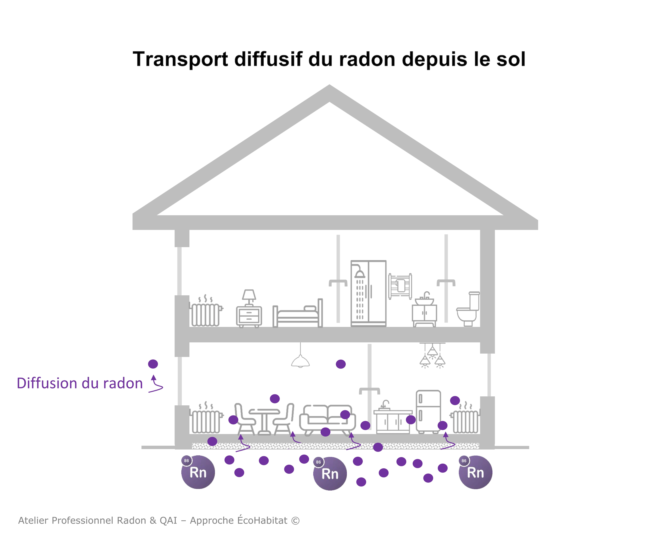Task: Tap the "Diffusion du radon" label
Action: pyautogui.click(x=80, y=383)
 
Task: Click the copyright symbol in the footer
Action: pyautogui.click(x=295, y=520)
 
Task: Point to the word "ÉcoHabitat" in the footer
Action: pyautogui.click(x=262, y=520)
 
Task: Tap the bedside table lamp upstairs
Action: pyautogui.click(x=249, y=297)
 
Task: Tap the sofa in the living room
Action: pyautogui.click(x=327, y=419)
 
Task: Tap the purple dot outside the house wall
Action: pyautogui.click(x=153, y=364)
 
